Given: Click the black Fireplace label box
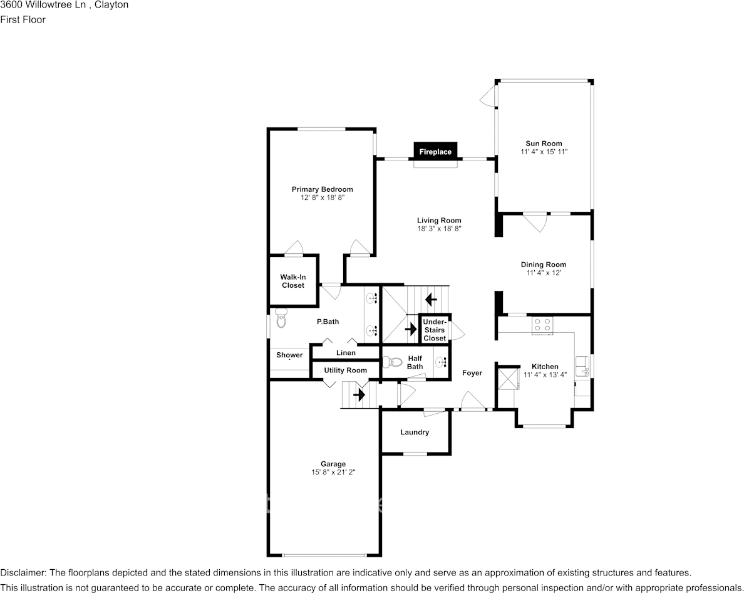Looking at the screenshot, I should (x=435, y=152).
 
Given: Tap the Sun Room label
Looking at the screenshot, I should (x=544, y=144).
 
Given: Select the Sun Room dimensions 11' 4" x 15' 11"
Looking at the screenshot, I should (x=544, y=152).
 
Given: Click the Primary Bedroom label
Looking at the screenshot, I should (x=322, y=189).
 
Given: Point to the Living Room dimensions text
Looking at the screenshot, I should (x=439, y=229).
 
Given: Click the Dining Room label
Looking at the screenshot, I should (x=543, y=265).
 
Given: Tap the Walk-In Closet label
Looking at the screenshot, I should (x=292, y=281).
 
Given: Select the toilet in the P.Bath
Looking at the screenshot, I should (x=280, y=319).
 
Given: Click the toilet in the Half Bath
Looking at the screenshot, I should (x=393, y=362).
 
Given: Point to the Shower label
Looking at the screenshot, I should (x=289, y=355).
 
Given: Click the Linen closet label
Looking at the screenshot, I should (x=346, y=353).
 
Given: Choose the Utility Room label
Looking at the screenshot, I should (x=345, y=370).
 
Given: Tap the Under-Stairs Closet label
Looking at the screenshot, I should (x=435, y=330).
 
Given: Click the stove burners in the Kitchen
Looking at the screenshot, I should (x=542, y=325).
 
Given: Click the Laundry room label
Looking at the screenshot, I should (x=415, y=432).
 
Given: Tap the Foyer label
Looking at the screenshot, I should (x=472, y=373).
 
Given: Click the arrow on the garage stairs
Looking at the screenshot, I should (x=359, y=396).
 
